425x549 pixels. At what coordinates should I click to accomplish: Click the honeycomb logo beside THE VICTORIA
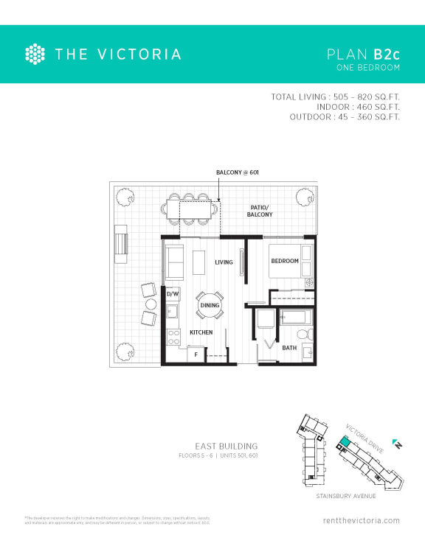[35, 54]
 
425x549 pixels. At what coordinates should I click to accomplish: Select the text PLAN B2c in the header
[363, 54]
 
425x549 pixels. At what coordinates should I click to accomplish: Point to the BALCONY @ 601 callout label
[238, 173]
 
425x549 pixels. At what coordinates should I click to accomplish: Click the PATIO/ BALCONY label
[259, 210]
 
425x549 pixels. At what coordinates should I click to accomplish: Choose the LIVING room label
[224, 262]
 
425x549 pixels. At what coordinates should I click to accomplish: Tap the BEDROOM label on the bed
[285, 262]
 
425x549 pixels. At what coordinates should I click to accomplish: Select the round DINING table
[210, 305]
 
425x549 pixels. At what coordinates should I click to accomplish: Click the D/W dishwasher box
[173, 294]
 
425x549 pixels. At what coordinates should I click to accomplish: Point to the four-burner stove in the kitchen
[174, 338]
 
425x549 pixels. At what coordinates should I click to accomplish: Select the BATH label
[290, 348]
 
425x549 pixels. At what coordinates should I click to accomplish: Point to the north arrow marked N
[396, 444]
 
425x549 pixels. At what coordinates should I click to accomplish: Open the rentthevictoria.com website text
[362, 520]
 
